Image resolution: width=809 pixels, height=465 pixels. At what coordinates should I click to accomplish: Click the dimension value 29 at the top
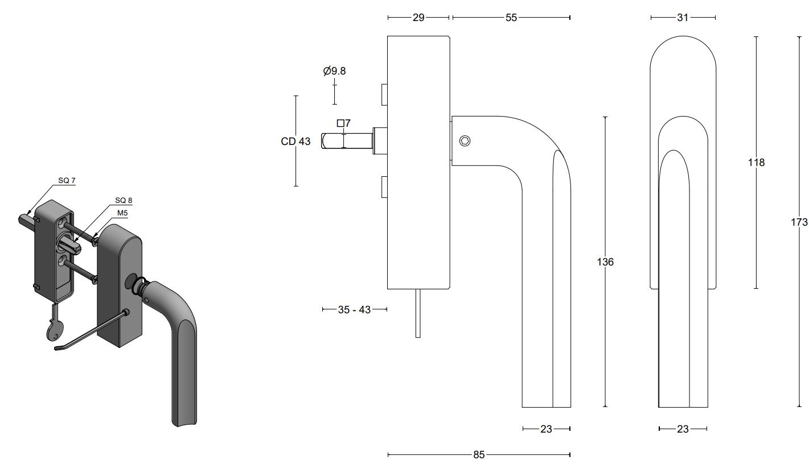[418, 18]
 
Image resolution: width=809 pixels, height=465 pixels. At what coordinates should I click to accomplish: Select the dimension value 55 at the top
[511, 18]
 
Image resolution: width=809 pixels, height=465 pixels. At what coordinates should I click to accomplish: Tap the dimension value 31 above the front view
[683, 18]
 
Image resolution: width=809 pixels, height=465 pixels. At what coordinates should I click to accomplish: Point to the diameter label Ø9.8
[334, 71]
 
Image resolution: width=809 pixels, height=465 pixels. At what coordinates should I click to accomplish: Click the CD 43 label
[295, 142]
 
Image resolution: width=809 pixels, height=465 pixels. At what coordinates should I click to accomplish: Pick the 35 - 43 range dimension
[354, 310]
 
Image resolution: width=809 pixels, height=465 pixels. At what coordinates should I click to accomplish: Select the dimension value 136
[605, 262]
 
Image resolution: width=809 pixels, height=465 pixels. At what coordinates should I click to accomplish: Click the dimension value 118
[756, 163]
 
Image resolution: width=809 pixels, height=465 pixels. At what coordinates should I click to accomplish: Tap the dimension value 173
[799, 222]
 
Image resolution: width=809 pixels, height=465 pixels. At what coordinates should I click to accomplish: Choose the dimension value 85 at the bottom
[479, 455]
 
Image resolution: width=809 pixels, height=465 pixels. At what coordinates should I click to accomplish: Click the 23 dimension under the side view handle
[546, 429]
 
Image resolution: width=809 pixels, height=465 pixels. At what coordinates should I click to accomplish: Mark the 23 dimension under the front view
[683, 429]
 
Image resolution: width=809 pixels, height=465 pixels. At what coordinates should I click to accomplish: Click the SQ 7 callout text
[67, 181]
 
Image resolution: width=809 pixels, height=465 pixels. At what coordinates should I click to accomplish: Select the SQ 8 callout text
[124, 200]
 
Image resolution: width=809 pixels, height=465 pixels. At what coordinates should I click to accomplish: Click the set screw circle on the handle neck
[465, 141]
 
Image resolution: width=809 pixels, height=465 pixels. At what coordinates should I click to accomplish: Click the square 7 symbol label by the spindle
[344, 123]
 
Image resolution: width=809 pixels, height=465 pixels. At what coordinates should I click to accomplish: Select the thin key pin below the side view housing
[418, 313]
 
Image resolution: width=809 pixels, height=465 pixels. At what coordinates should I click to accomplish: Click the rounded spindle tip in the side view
[326, 141]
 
